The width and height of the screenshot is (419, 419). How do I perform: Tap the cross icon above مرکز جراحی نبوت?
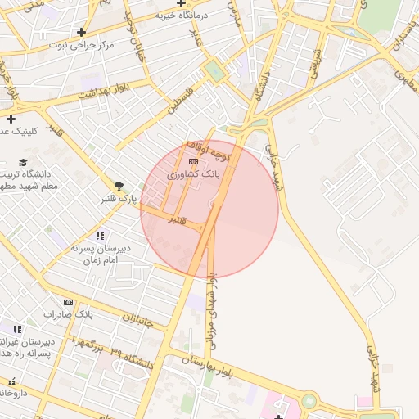81,32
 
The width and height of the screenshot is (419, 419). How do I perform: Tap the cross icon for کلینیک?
11,119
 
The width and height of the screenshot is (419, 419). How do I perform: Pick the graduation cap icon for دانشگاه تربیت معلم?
24,162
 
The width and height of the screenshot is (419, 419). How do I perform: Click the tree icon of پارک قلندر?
119,186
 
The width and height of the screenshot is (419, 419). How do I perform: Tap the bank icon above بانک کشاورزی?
193,162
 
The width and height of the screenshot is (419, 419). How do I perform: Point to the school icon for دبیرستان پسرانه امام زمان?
100,236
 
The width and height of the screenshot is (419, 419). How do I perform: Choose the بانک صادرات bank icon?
68,302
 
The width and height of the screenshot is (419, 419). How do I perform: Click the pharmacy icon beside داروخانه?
11,381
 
